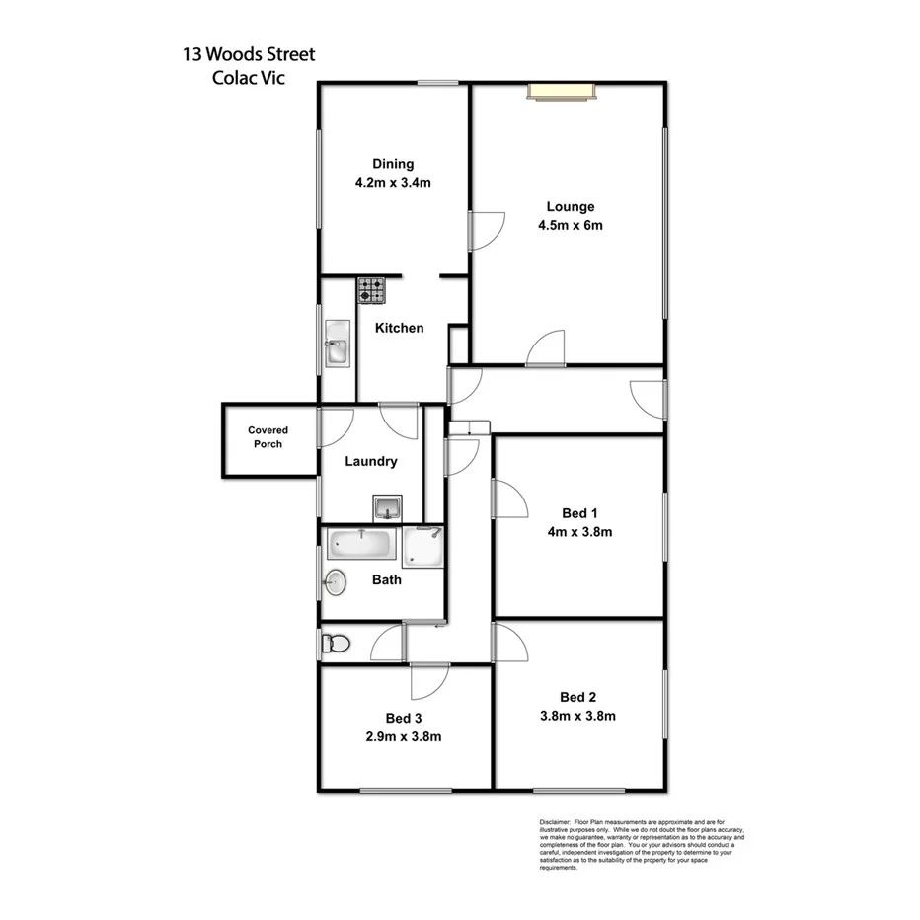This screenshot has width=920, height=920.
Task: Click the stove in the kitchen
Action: [372, 290]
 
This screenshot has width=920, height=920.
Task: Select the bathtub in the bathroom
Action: [362, 544]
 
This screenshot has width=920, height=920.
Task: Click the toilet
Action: [335, 645]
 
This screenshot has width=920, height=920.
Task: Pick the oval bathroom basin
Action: [336, 582]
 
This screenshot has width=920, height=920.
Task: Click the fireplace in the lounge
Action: [562, 92]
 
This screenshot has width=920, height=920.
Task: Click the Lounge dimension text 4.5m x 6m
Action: [570, 225]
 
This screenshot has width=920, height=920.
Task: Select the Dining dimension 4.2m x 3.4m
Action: [393, 182]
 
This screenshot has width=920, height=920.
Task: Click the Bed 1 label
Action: [579, 512]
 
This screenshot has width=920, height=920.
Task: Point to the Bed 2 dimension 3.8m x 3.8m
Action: [578, 717]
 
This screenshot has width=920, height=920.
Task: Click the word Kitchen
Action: [399, 328]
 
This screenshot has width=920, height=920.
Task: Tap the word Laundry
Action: [370, 461]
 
